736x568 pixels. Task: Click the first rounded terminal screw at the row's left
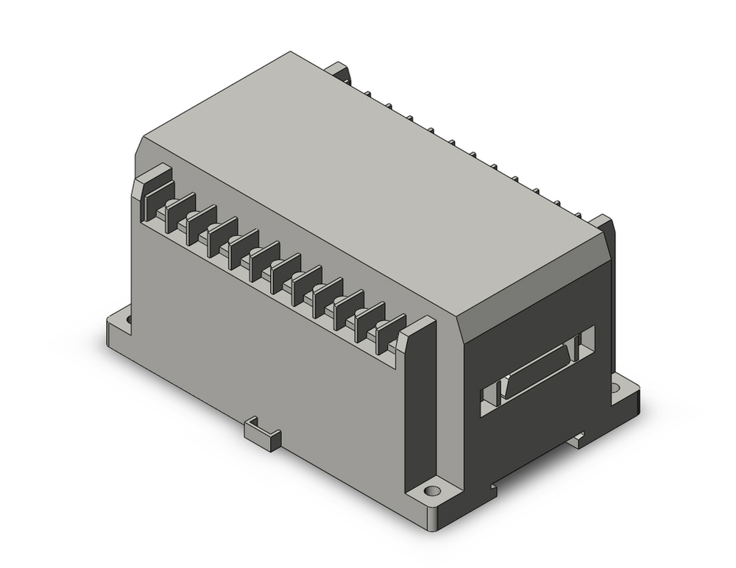pos(170,205)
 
